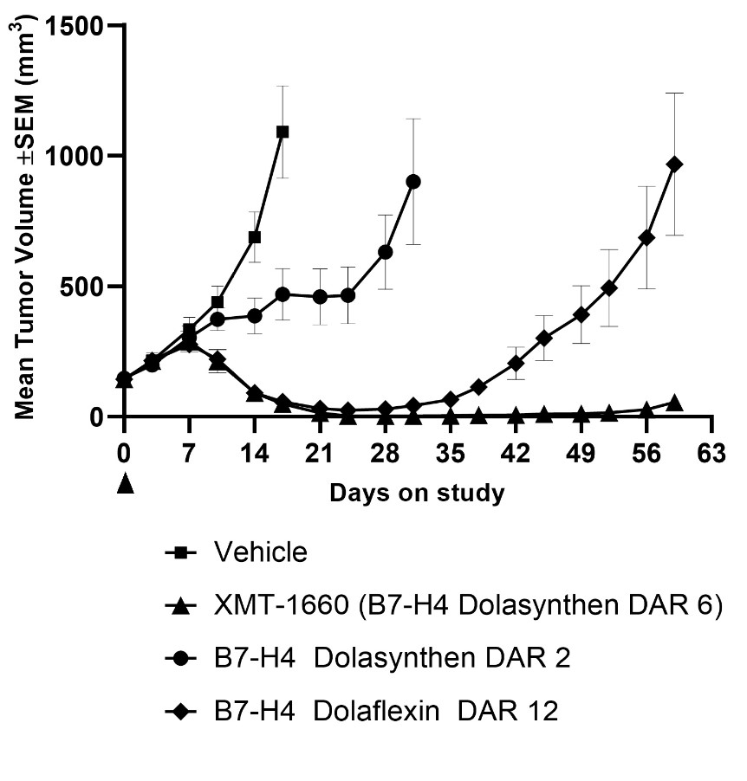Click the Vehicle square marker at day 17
[283, 132]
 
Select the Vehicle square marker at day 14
[255, 237]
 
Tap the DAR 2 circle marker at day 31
[413, 181]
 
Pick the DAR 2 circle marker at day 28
[386, 251]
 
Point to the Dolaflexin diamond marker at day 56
[646, 236]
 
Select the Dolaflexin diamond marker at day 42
[516, 363]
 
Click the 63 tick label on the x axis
[711, 455]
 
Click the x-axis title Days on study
[417, 494]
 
